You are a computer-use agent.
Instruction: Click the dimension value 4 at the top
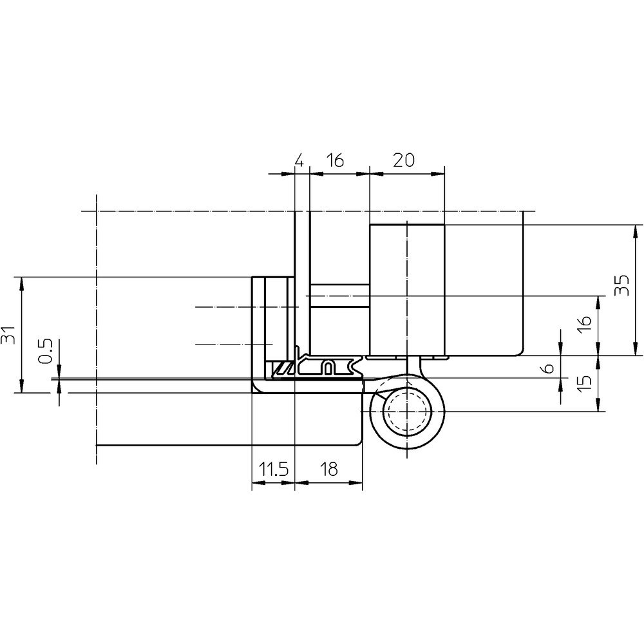299,160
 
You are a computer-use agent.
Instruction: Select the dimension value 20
404,160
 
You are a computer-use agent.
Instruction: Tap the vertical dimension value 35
622,285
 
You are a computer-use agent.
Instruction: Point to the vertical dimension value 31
8,335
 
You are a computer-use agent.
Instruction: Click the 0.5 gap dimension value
46,351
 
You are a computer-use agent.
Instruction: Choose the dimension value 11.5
274,469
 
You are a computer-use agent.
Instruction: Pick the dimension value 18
328,469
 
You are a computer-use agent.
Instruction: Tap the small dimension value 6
549,368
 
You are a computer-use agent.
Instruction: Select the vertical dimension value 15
585,383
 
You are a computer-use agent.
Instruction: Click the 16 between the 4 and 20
336,160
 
